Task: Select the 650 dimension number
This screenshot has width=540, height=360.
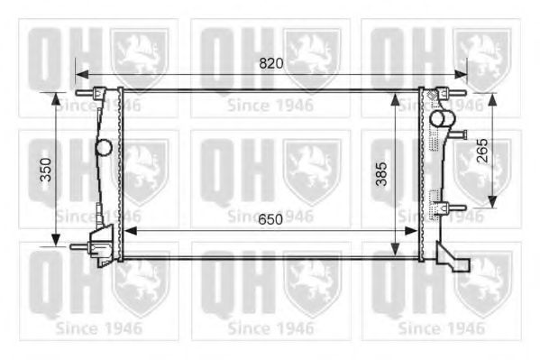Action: pyautogui.click(x=270, y=219)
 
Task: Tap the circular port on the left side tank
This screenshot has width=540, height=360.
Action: pyautogui.click(x=105, y=146)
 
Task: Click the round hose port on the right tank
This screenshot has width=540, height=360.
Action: pyautogui.click(x=438, y=118)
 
